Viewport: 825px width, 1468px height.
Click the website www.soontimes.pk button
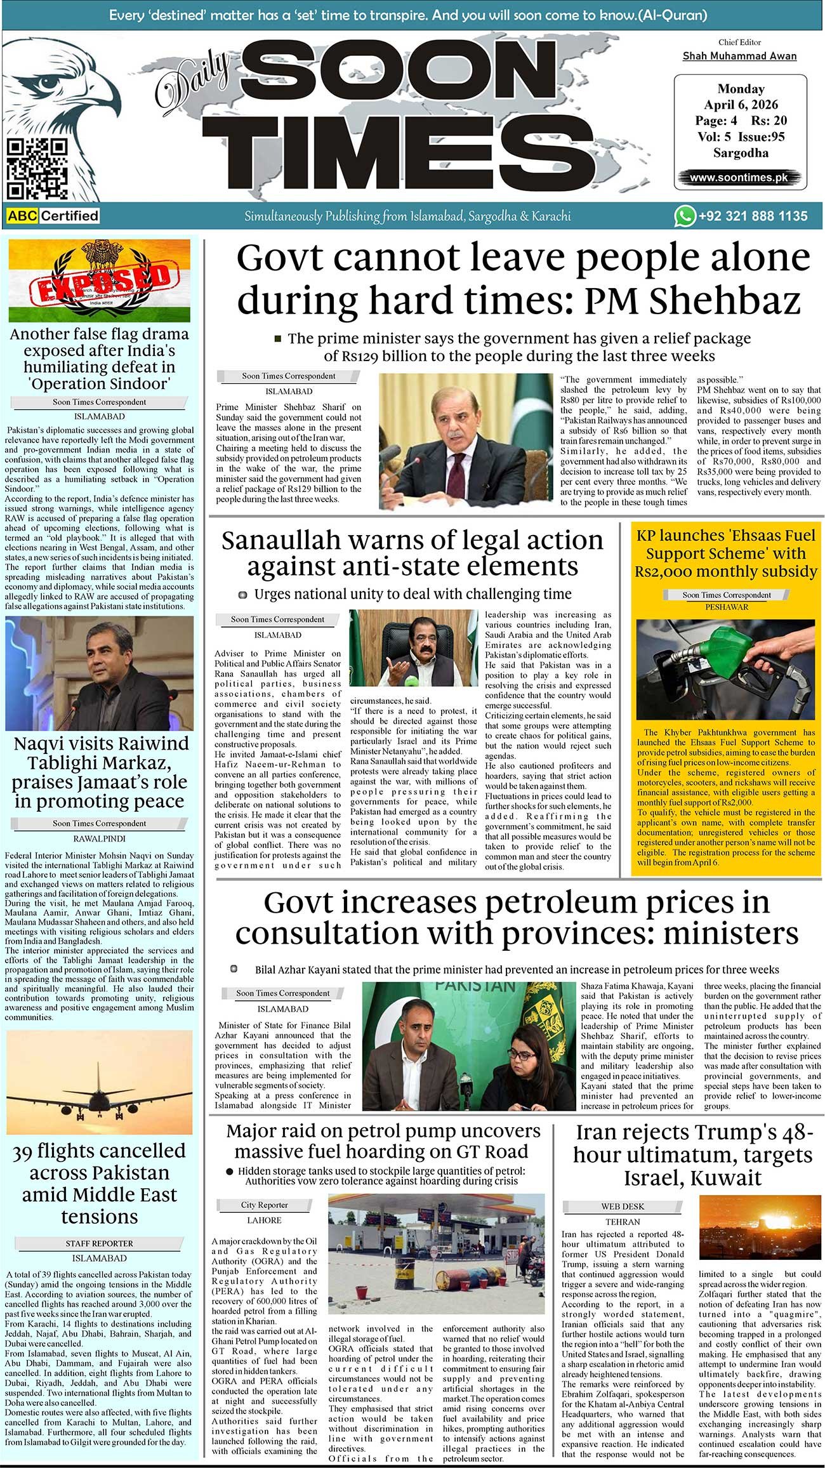pos(739,178)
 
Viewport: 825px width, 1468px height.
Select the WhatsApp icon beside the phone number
pos(684,216)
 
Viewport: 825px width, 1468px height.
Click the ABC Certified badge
pos(53,216)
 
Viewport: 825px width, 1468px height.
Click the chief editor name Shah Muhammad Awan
pos(739,56)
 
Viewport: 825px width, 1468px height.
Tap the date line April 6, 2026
pos(741,105)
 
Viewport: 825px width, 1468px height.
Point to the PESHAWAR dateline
pos(727,607)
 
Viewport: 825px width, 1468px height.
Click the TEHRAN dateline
pos(623,1221)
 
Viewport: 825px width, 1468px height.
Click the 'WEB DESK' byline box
pos(623,1206)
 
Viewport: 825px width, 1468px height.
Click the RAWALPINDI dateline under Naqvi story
pos(99,838)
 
